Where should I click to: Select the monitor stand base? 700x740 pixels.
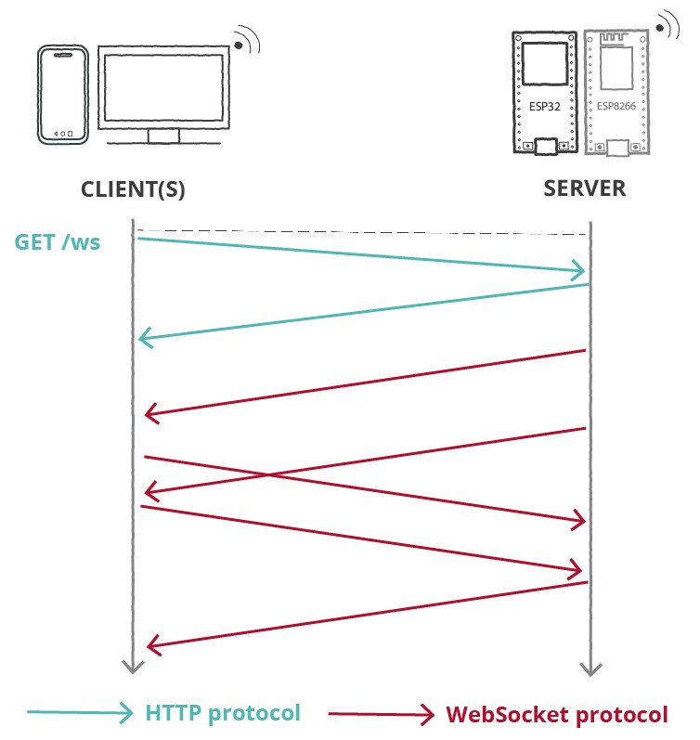(x=163, y=136)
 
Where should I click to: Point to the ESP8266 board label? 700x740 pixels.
(x=613, y=107)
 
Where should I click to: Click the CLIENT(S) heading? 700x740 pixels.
(x=133, y=189)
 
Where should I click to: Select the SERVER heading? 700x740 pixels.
(x=585, y=188)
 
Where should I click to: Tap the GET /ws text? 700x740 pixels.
(x=58, y=243)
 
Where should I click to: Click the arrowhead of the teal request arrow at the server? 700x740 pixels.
(x=579, y=271)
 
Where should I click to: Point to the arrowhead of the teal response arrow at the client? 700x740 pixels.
(x=145, y=338)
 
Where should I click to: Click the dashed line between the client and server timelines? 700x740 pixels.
(x=362, y=231)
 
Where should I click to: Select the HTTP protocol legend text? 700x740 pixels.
(x=223, y=713)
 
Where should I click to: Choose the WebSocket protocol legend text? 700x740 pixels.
(x=556, y=715)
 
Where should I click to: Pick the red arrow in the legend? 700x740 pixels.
(x=381, y=714)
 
